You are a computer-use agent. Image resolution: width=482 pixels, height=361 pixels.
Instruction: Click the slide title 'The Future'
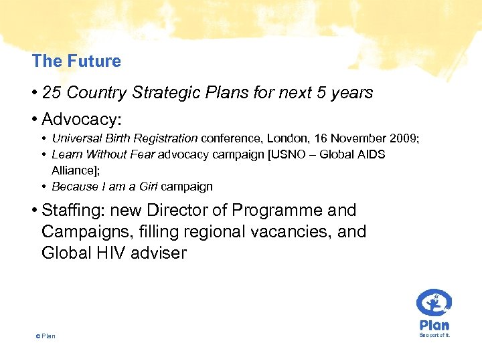coord(76,61)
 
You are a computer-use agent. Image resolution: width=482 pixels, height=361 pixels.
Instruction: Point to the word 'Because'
coord(72,187)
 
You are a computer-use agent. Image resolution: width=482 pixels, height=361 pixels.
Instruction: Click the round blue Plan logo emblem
coord(434,303)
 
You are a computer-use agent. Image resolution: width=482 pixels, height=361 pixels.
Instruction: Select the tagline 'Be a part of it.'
coord(434,335)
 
